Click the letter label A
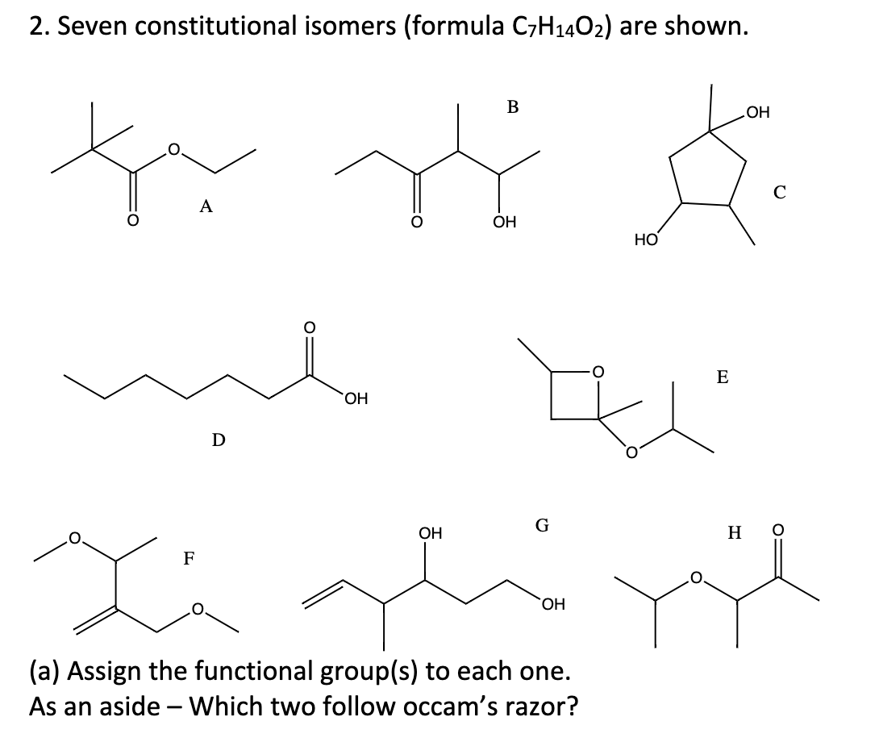click(x=206, y=207)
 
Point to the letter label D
click(x=218, y=440)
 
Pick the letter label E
click(x=722, y=377)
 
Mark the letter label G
click(x=542, y=527)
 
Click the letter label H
click(x=734, y=532)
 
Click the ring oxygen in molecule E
click(x=598, y=372)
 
